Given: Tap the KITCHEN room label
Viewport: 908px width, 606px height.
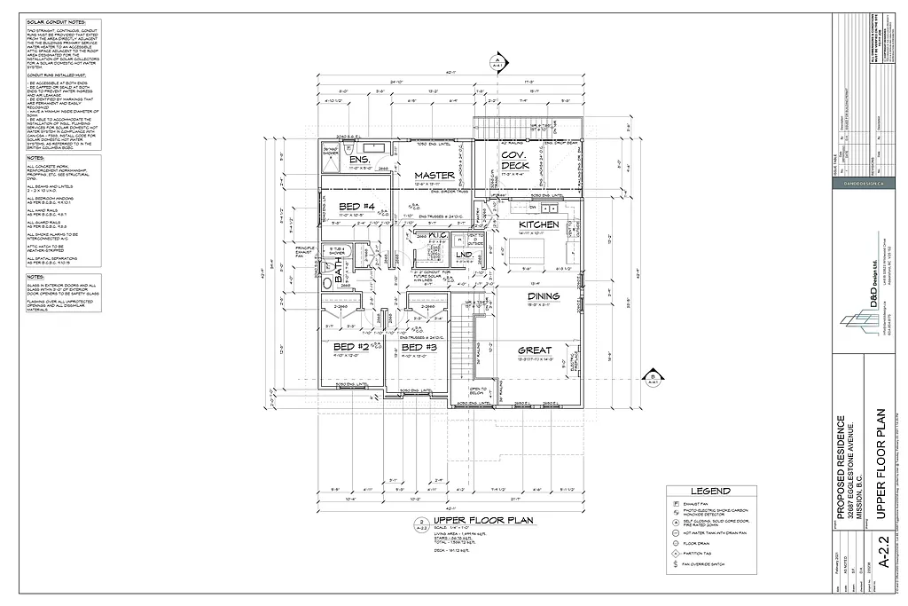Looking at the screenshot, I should tap(538, 224).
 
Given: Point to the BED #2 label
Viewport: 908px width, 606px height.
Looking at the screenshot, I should tap(350, 346).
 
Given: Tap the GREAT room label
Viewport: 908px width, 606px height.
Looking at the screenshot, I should tap(535, 350).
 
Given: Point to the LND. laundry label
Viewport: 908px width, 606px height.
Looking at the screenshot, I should tap(464, 256).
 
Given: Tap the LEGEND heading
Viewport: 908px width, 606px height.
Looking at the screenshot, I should tap(710, 491).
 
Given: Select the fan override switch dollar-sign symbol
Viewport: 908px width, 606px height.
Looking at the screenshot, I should tap(676, 564).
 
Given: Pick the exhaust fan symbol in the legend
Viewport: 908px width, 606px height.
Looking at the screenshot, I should tap(676, 503).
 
